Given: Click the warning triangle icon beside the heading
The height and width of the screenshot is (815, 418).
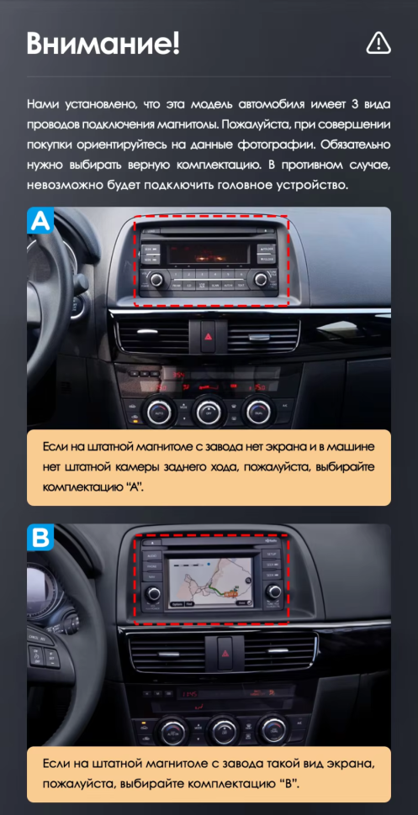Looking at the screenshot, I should click(x=378, y=42).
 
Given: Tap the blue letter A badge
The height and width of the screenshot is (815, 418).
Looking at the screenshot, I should click(x=41, y=221).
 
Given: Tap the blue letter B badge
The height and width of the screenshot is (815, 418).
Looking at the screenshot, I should click(x=41, y=538).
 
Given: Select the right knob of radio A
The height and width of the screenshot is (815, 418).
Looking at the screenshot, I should click(x=262, y=279).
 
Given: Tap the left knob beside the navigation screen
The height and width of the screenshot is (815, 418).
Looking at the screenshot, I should click(x=153, y=595).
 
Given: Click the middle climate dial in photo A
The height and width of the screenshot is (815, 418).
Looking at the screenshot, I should click(x=208, y=411).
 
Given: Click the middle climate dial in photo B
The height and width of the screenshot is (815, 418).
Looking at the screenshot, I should click(x=223, y=728).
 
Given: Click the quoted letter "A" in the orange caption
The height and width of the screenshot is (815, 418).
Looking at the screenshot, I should click(x=132, y=487).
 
